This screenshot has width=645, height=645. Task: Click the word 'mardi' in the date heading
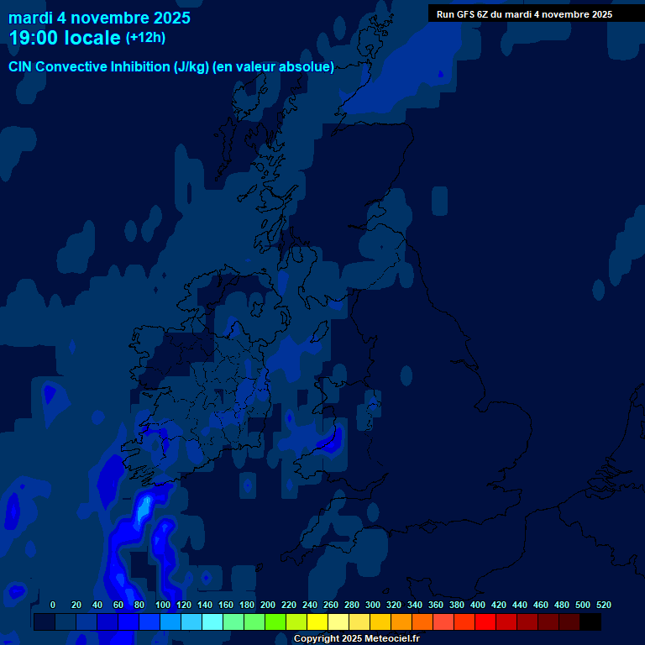click(x=30, y=18)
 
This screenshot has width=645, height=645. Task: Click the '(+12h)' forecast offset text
click(x=146, y=38)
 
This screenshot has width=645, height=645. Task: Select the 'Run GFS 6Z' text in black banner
click(x=462, y=14)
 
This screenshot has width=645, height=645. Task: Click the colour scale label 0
click(x=53, y=605)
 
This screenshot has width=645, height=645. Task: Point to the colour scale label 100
click(x=163, y=605)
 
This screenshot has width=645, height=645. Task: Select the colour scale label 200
click(x=268, y=605)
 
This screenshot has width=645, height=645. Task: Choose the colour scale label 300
click(x=373, y=605)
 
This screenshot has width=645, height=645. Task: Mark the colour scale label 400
click(x=478, y=605)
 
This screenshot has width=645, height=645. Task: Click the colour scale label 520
click(x=604, y=605)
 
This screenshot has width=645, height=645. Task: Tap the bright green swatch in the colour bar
click(x=275, y=622)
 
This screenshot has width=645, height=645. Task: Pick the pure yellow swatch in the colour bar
click(x=317, y=622)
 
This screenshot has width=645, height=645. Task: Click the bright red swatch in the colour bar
click(x=485, y=622)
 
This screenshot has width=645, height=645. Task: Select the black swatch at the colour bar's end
click(x=590, y=622)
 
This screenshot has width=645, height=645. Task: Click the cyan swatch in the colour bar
click(x=212, y=622)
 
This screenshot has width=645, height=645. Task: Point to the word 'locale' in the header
click(x=92, y=38)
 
